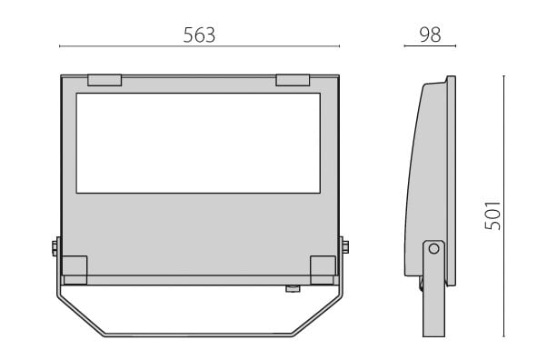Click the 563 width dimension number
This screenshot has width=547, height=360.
click(199, 35)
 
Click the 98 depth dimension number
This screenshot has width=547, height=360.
click(430, 35)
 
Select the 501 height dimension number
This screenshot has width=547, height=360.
click(492, 215)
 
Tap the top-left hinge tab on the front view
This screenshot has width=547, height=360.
click(104, 80)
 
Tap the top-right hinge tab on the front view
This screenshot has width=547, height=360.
click(293, 80)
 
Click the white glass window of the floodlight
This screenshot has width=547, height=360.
click(198, 143)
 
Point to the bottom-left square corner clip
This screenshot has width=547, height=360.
click(75, 270)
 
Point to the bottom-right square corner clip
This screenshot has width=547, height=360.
click(323, 270)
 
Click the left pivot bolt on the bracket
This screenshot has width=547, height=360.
click(55, 247)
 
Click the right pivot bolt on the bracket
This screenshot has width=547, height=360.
click(345, 247)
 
